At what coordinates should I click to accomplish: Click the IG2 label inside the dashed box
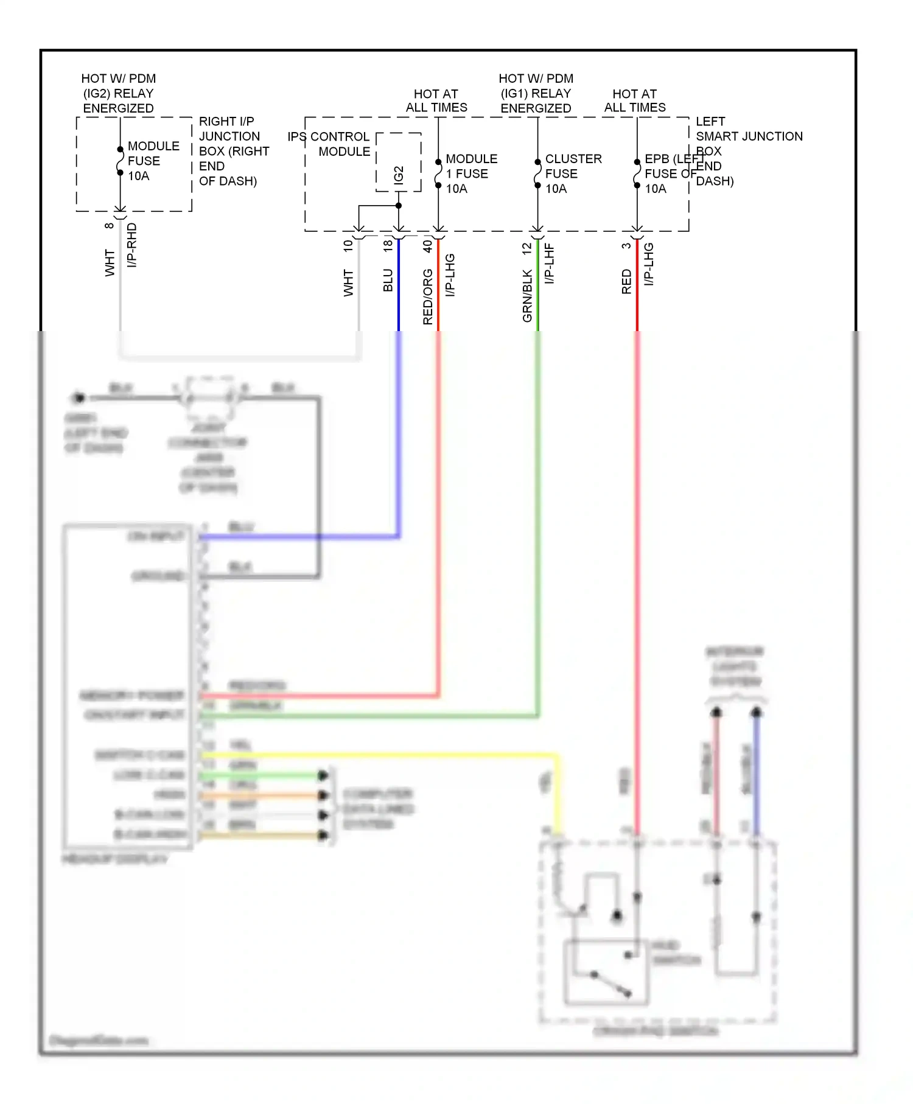click(x=399, y=175)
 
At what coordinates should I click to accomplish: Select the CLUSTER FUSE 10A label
click(x=573, y=173)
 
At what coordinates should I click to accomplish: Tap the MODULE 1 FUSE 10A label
click(x=471, y=173)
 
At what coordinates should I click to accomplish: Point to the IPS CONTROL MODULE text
click(x=330, y=144)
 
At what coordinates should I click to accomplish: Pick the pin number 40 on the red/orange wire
click(x=427, y=246)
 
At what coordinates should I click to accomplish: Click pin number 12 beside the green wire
click(x=527, y=248)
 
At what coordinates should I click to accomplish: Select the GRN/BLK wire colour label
click(x=527, y=296)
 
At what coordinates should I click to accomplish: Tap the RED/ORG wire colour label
click(x=427, y=297)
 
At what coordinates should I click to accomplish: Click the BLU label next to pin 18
click(x=388, y=281)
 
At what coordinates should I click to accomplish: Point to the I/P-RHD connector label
click(x=132, y=245)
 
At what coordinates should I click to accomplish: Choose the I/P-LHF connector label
click(x=549, y=264)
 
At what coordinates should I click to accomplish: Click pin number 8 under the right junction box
click(x=110, y=226)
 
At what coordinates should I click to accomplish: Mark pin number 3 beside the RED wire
click(x=626, y=246)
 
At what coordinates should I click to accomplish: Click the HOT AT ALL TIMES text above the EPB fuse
click(x=634, y=100)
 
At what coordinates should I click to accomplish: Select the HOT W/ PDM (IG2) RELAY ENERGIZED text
click(x=119, y=93)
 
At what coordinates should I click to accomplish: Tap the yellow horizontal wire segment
click(x=377, y=755)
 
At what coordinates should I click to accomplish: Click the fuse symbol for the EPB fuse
click(x=637, y=173)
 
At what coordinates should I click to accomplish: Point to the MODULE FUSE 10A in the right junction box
click(x=153, y=161)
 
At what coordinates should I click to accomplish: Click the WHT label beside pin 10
click(x=348, y=283)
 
